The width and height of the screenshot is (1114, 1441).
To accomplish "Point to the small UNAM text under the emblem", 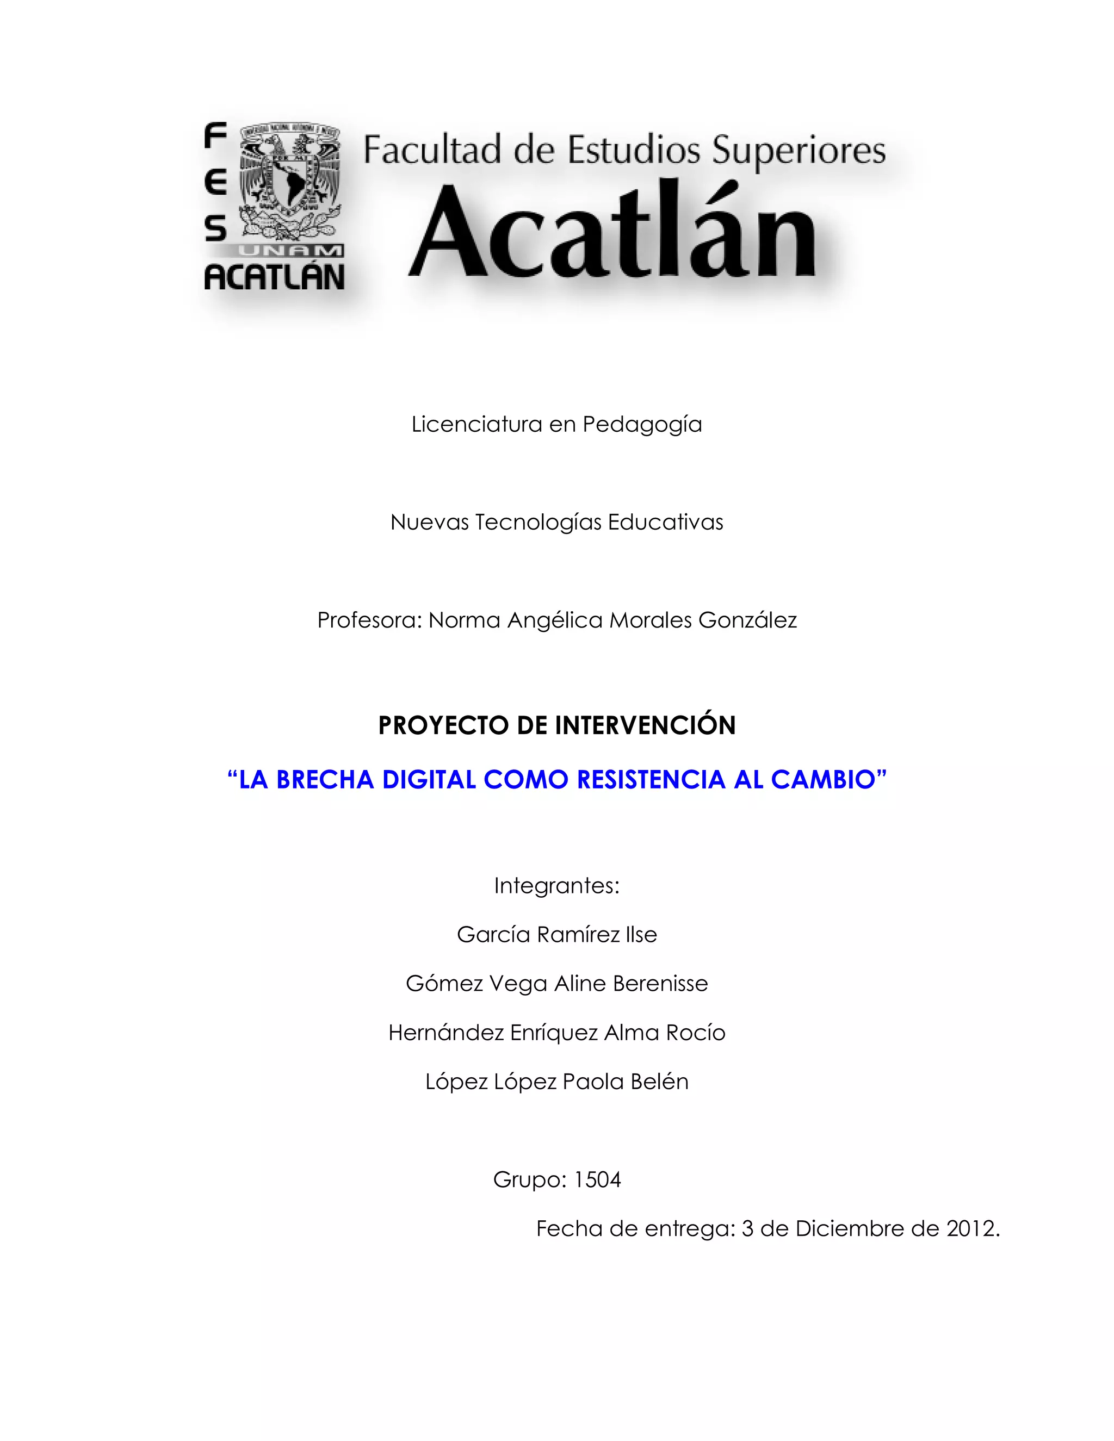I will tap(291, 251).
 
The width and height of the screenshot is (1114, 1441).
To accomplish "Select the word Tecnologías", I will tap(538, 523).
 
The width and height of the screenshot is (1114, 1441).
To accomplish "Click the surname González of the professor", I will tap(747, 620).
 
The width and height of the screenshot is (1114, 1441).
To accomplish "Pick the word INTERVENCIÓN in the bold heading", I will tap(645, 725).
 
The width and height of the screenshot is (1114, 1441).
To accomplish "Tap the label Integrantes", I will tap(556, 885).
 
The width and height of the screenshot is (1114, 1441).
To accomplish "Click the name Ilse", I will tap(641, 935).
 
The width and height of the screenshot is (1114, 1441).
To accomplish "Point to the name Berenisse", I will tap(659, 984).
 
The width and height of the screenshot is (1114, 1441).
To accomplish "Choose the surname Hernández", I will tap(445, 1033).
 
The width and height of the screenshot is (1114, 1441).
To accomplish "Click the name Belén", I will tap(659, 1082).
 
